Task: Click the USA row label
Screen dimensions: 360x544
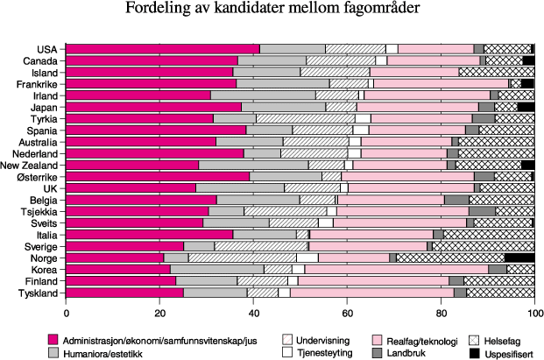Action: click(x=47, y=49)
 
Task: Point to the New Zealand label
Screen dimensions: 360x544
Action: click(x=29, y=165)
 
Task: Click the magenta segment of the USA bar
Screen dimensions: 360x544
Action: click(x=163, y=49)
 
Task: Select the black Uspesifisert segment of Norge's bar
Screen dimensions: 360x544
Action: click(x=519, y=258)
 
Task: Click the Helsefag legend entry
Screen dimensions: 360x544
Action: click(x=498, y=338)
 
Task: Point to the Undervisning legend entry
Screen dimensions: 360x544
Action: click(x=314, y=338)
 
